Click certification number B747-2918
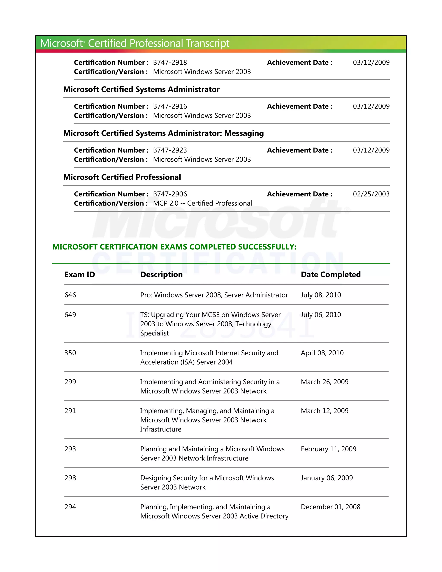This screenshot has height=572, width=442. (170, 63)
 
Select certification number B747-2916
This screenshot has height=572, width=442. (170, 106)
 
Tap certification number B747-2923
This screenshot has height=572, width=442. (170, 150)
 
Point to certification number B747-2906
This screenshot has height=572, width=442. (170, 194)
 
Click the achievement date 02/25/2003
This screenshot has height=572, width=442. (371, 194)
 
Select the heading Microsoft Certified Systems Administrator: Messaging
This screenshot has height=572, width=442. (163, 133)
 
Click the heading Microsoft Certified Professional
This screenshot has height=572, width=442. (122, 177)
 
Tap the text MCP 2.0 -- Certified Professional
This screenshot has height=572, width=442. (202, 203)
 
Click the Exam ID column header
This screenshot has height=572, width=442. (80, 275)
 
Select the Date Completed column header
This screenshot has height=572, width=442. (331, 275)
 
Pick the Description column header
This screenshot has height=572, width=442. (161, 275)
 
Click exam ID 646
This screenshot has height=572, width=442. (70, 295)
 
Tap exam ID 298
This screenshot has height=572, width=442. (70, 478)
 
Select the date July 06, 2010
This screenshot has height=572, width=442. (321, 315)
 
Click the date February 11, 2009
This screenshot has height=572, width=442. (328, 449)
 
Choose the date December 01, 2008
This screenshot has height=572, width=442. (330, 507)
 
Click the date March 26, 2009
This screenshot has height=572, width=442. (324, 382)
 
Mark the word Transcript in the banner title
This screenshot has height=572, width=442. (208, 43)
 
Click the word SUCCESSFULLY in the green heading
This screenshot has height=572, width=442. (267, 247)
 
